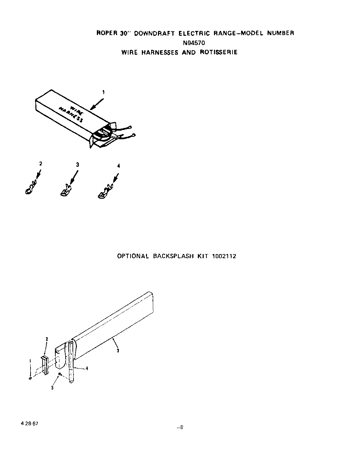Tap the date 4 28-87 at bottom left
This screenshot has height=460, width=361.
29,424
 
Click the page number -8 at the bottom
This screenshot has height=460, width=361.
180,428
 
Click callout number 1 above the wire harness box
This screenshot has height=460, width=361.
103,92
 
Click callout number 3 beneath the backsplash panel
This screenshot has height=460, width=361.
118,351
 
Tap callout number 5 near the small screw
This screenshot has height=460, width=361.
52,388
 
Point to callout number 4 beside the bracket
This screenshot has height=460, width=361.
87,368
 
